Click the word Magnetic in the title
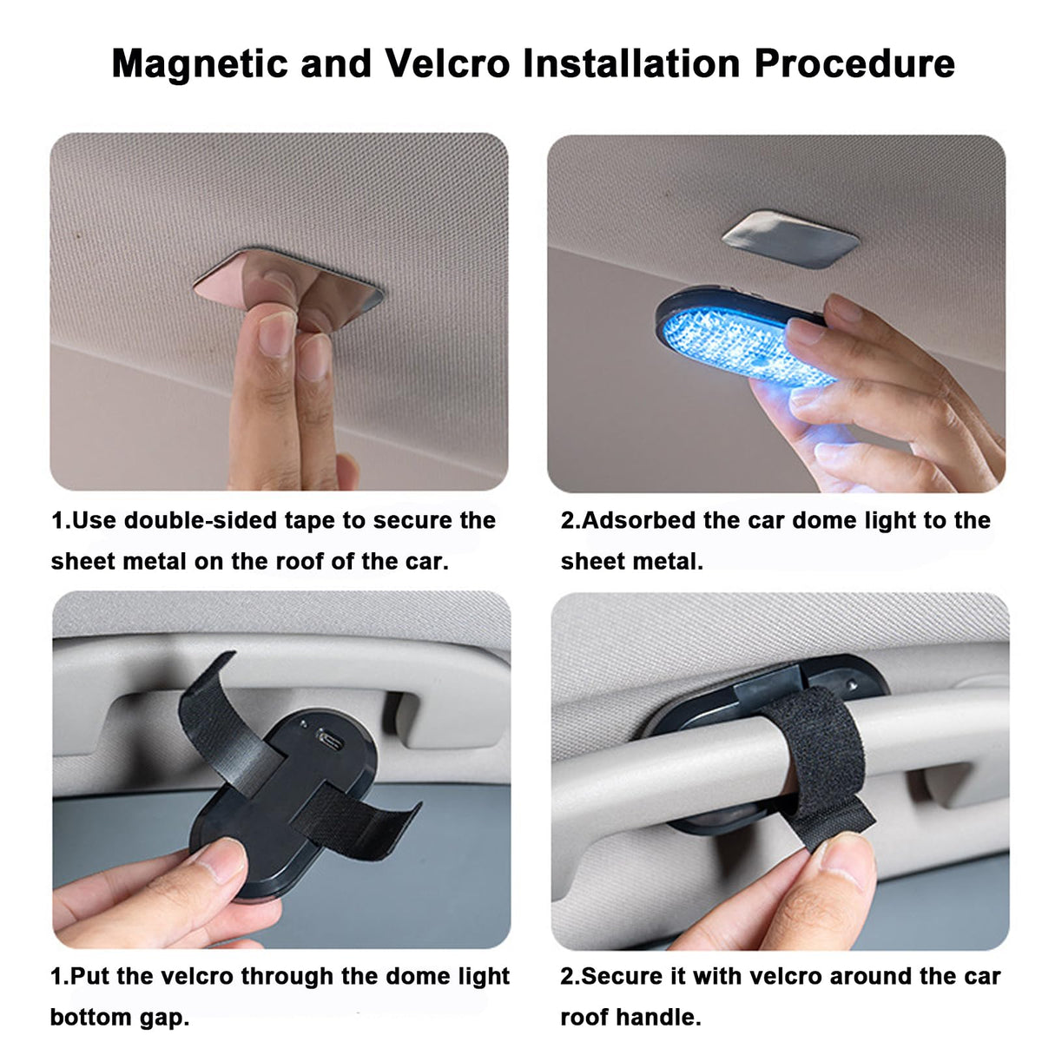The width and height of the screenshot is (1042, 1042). click(x=200, y=63)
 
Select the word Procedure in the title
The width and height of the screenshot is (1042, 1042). click(x=854, y=63)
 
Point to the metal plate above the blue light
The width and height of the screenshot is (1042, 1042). click(x=790, y=239)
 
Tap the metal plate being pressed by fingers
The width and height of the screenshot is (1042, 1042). click(x=289, y=289)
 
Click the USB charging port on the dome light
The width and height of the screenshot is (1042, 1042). click(x=330, y=740)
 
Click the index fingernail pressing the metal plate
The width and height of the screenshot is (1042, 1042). click(x=277, y=333)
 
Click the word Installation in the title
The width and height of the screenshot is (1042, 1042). click(x=632, y=63)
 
